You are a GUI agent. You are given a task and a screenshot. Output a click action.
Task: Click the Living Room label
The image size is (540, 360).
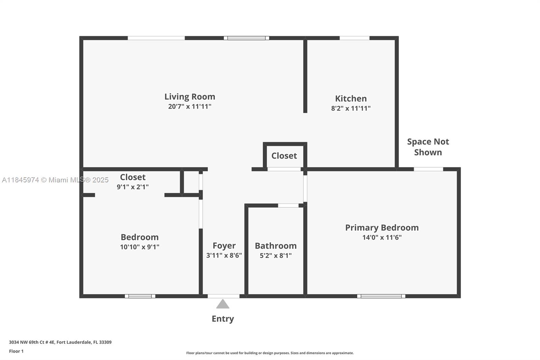190,97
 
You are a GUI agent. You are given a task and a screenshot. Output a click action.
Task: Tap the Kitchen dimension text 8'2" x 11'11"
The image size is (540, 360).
351,108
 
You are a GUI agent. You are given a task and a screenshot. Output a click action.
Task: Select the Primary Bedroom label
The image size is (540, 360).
382,228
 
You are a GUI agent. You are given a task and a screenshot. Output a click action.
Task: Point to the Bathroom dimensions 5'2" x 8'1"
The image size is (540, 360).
275,256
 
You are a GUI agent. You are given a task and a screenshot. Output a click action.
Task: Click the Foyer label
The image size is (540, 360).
224,246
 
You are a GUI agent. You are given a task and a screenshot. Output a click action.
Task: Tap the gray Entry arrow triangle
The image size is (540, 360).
223,304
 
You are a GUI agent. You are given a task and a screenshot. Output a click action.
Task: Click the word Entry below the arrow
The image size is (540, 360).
223,319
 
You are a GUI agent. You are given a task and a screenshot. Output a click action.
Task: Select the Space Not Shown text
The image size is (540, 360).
428,147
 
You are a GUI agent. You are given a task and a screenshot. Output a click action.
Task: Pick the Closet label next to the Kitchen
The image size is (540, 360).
284,156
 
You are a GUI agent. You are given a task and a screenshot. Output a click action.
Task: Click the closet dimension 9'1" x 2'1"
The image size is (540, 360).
133,187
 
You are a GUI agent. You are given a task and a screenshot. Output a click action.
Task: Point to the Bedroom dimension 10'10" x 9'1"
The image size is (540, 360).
140,247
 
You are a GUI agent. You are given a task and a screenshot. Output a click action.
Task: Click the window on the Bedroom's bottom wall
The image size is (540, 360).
140,296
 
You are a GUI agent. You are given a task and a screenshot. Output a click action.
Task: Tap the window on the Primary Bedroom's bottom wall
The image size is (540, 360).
381,296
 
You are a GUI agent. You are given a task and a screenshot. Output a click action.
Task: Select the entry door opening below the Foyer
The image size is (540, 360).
223,296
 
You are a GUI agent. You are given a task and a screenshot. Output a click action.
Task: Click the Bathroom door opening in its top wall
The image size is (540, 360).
288,205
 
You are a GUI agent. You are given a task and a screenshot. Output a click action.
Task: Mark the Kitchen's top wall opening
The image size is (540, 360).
354,38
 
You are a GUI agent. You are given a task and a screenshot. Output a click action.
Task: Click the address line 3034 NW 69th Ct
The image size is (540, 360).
60,342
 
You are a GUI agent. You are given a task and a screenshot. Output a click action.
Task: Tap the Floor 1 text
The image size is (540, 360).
16,351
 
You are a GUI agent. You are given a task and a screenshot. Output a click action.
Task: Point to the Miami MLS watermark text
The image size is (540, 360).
55,180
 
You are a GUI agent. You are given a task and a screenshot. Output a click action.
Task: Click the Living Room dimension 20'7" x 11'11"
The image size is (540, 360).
190,107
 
